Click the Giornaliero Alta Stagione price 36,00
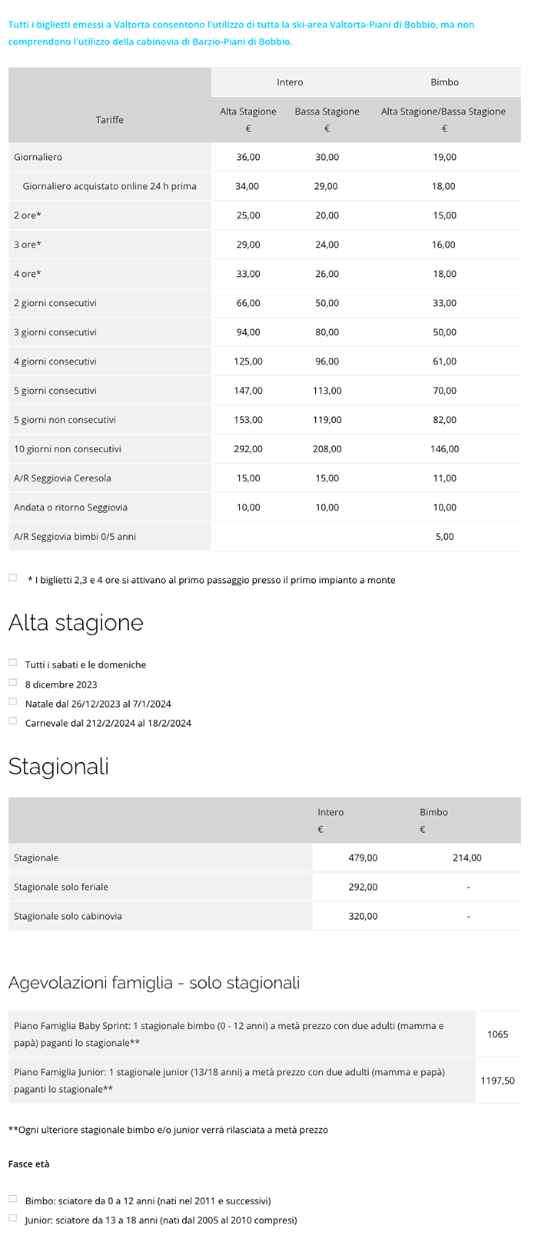coord(248,157)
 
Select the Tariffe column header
coord(110,120)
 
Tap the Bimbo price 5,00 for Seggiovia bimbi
coord(444,537)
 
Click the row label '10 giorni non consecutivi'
coord(68,449)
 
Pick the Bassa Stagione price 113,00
coord(327,391)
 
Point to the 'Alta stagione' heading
coord(76,622)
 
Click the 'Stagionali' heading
coord(58,766)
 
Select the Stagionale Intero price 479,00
coord(363,858)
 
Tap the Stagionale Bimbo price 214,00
coord(467,858)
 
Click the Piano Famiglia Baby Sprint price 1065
coord(497,1034)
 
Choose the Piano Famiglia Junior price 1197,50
coord(497,1081)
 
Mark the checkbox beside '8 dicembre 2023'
coord(13,682)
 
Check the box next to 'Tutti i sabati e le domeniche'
coord(13,662)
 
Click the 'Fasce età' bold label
coord(29,1164)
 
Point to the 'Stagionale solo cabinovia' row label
coord(68,917)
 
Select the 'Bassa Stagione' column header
coord(327,112)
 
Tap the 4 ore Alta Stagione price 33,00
coord(248,274)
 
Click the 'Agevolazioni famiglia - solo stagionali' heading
coord(154,983)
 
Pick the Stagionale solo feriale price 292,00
coord(363,887)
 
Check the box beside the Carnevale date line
coord(13,721)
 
